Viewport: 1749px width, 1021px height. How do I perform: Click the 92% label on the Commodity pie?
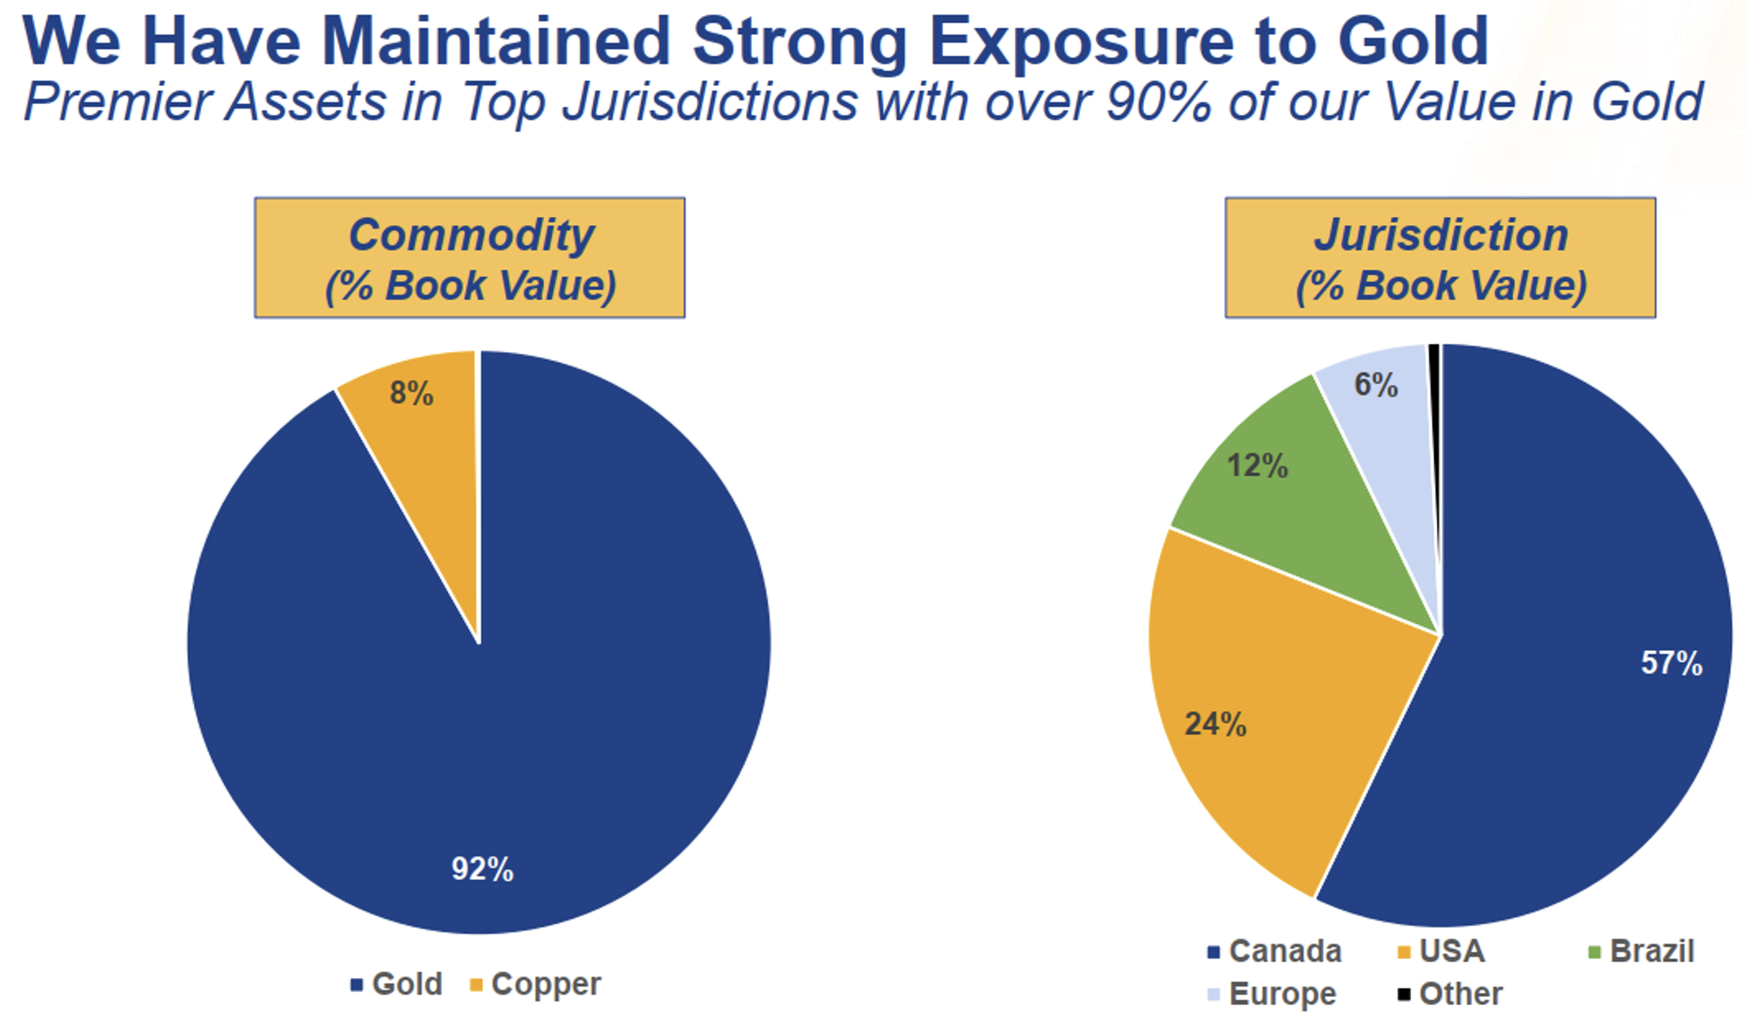482,869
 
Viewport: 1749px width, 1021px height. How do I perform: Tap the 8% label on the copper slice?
411,393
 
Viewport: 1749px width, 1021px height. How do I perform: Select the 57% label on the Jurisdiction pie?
1671,663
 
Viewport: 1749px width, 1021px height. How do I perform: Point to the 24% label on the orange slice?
1215,724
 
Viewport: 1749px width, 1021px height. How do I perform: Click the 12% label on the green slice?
1257,465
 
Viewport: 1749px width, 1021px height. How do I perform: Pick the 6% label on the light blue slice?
1375,384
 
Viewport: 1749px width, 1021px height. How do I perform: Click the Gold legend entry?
397,984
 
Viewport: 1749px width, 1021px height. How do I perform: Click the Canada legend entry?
1274,951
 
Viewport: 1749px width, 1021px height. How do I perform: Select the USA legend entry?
1441,951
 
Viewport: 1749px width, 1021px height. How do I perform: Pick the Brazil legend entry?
1641,951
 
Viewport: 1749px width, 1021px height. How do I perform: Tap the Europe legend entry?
1272,993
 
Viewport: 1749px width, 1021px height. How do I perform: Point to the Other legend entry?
1450,993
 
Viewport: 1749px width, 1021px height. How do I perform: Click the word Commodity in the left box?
471,235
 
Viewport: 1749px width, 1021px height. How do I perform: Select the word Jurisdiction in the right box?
1440,235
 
